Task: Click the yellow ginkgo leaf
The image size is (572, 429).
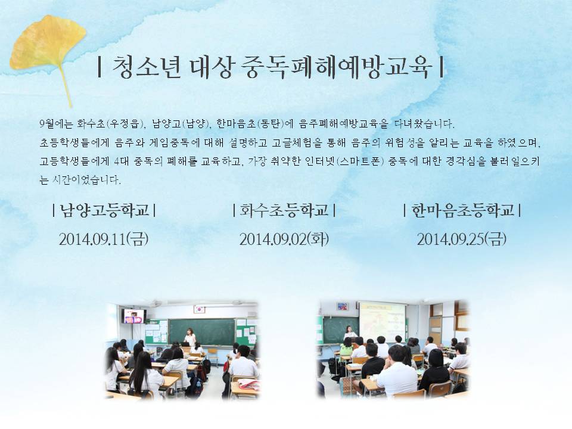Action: click(x=48, y=46)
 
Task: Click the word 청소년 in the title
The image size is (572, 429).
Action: click(x=147, y=67)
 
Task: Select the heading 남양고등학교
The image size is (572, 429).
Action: click(x=104, y=210)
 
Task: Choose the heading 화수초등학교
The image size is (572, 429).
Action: click(x=284, y=210)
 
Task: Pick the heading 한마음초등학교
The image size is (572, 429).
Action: click(x=462, y=210)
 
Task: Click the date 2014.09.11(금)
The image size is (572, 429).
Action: click(x=104, y=240)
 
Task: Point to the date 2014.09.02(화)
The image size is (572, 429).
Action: click(x=284, y=240)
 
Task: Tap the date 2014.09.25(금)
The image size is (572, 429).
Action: click(x=462, y=240)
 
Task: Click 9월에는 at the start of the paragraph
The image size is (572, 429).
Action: click(x=57, y=124)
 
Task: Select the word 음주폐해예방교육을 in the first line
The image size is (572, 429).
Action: click(x=344, y=124)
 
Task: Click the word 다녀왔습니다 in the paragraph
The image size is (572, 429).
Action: click(x=424, y=124)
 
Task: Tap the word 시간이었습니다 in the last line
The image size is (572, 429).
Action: click(x=86, y=180)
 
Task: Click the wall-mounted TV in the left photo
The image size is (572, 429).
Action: click(x=134, y=316)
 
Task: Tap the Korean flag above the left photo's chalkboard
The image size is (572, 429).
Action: click(x=199, y=309)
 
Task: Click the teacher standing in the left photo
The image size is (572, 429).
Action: click(x=189, y=337)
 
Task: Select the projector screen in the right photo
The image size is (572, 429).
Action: click(x=383, y=321)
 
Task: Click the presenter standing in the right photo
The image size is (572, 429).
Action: click(x=350, y=332)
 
